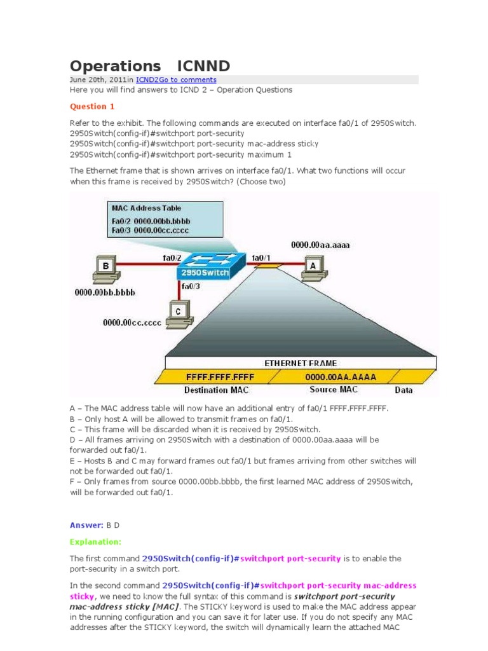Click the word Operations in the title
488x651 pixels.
click(115, 66)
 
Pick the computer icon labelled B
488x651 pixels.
click(105, 267)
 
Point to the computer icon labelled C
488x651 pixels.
click(178, 313)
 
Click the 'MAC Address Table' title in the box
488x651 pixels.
click(146, 208)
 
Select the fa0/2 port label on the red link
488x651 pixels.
click(172, 257)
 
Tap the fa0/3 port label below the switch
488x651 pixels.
click(191, 287)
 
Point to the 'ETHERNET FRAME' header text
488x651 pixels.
click(301, 363)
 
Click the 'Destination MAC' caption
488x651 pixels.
click(215, 389)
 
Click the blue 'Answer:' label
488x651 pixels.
click(86, 525)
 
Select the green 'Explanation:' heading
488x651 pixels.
click(95, 542)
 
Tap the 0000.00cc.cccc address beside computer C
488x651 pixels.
click(132, 322)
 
